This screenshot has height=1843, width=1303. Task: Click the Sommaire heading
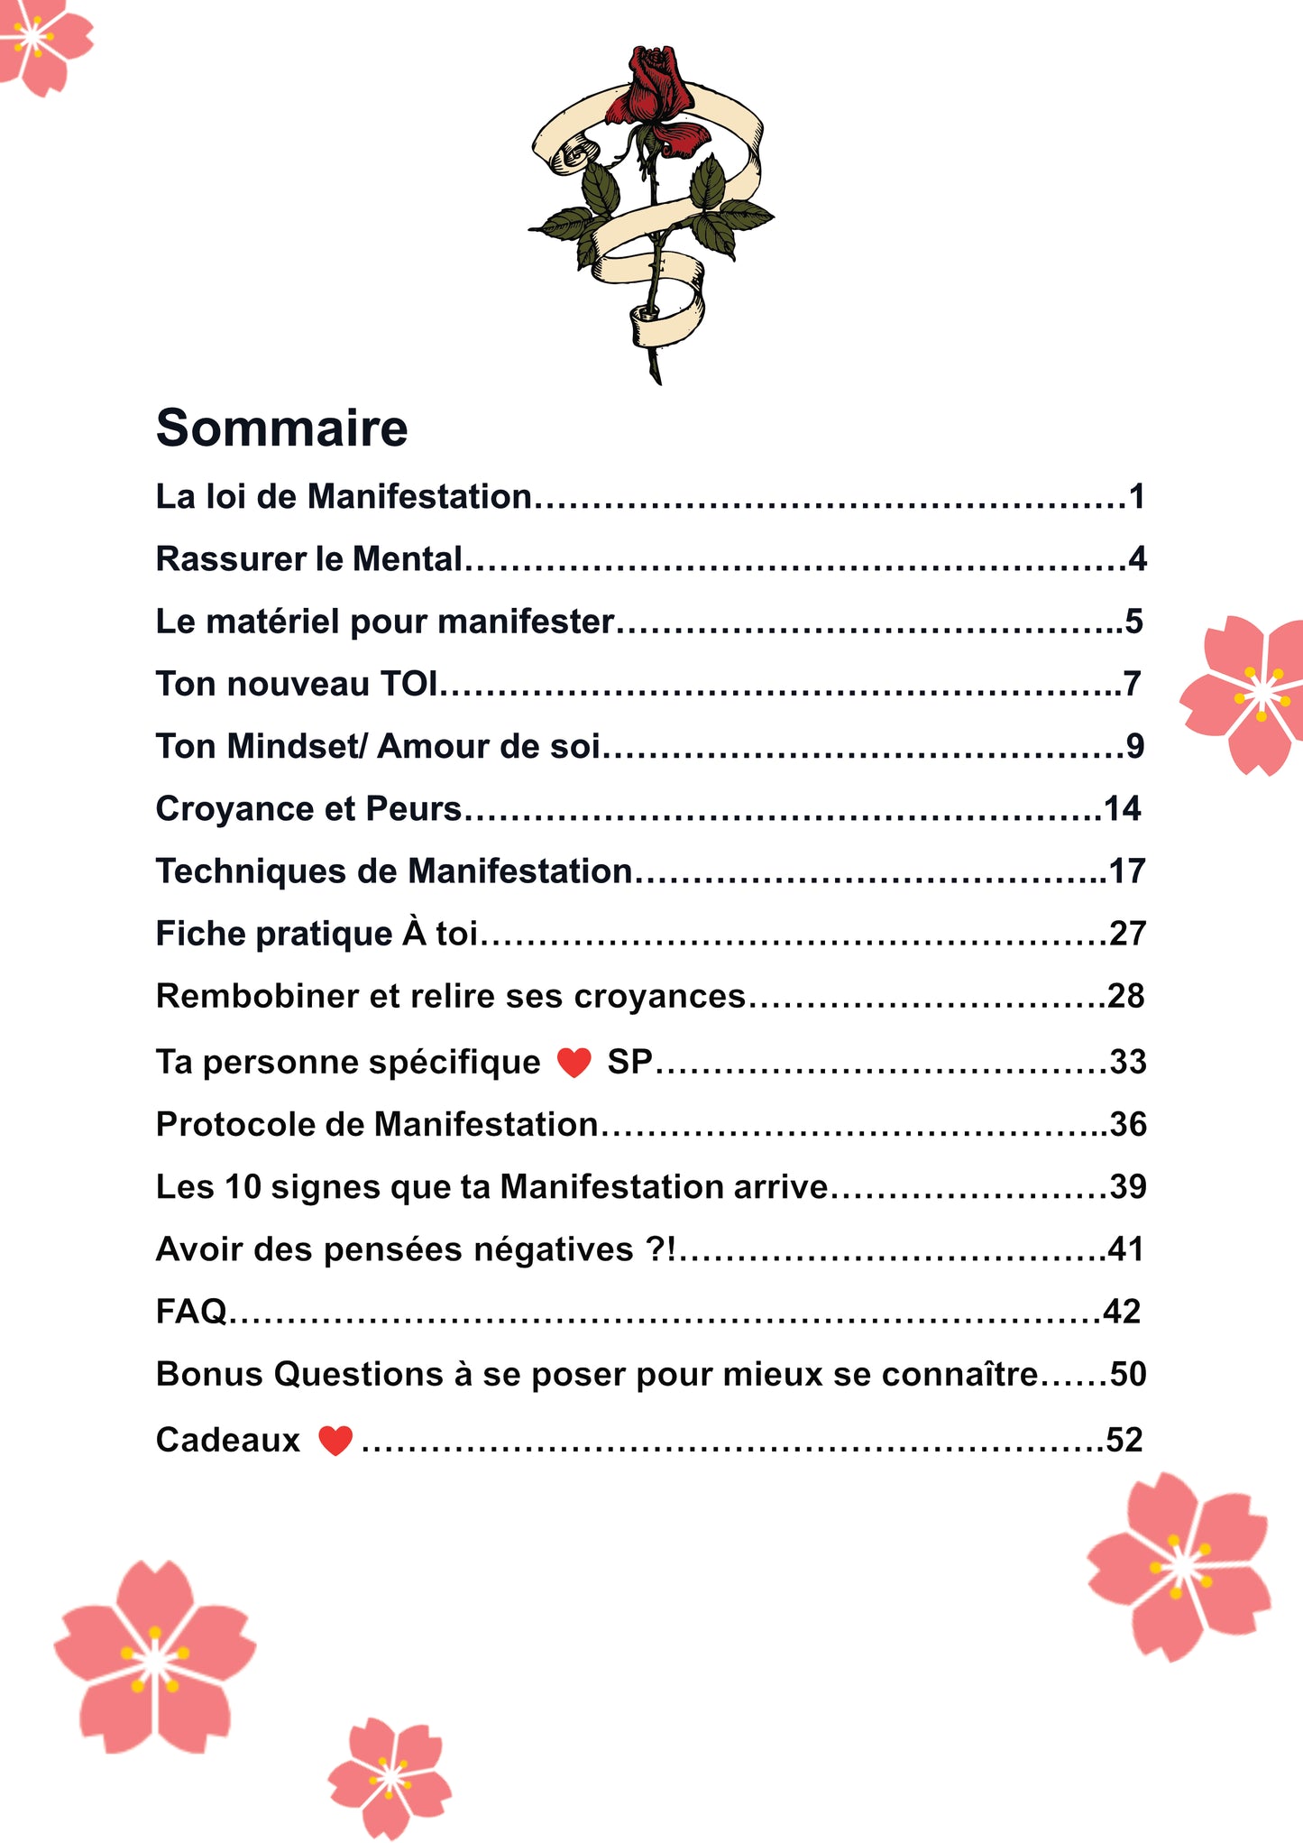click(x=281, y=428)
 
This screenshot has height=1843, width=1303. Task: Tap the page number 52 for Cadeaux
click(x=1124, y=1440)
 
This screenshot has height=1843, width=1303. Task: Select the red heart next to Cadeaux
click(x=335, y=1441)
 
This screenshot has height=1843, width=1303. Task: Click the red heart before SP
click(x=574, y=1063)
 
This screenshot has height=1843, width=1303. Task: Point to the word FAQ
click(x=191, y=1312)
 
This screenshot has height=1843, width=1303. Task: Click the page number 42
click(x=1123, y=1312)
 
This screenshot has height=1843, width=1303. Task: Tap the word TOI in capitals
click(x=408, y=684)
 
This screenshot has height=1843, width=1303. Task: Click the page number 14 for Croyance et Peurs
click(x=1123, y=809)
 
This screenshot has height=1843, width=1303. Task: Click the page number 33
click(x=1127, y=1063)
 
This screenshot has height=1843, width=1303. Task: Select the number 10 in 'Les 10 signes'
click(x=243, y=1187)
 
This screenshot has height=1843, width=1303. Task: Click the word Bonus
click(x=209, y=1375)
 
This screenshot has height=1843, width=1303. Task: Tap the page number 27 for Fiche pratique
click(x=1127, y=934)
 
